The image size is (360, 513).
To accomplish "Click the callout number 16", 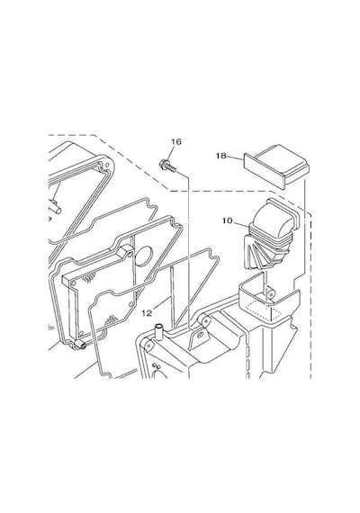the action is tap(175, 141).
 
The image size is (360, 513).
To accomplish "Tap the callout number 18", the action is tap(221, 156).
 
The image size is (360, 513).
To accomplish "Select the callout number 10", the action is tap(227, 220).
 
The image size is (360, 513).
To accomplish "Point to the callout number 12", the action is tap(148, 313).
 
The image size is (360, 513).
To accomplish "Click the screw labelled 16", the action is tap(167, 165).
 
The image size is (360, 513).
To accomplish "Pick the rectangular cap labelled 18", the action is tap(277, 166).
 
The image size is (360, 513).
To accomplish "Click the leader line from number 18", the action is tap(235, 157).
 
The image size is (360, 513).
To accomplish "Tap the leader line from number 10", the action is tap(241, 223).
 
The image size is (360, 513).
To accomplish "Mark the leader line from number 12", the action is tap(161, 303).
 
